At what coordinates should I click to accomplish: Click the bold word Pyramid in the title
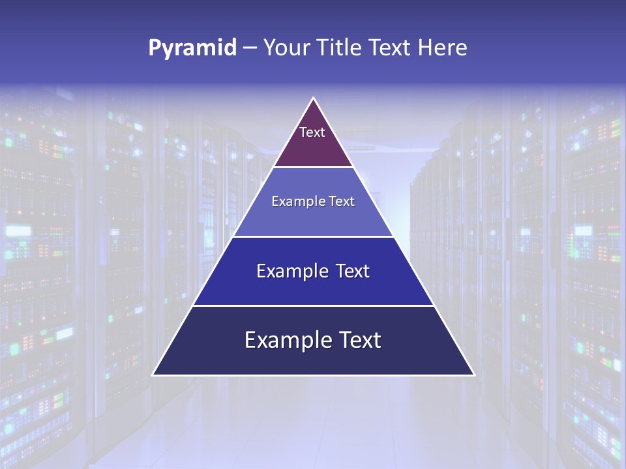click(192, 48)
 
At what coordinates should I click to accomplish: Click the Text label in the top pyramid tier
click(312, 132)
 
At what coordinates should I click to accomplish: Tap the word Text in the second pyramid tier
click(342, 202)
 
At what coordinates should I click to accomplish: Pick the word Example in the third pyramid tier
click(285, 271)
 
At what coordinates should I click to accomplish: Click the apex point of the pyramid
click(314, 98)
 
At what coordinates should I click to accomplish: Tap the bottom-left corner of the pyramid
click(153, 375)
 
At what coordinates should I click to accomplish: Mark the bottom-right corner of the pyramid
click(473, 375)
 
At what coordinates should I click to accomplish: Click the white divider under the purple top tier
click(314, 167)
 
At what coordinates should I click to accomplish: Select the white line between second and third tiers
click(314, 236)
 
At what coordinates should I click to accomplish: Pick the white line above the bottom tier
click(314, 306)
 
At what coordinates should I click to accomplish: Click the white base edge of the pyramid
click(314, 375)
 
